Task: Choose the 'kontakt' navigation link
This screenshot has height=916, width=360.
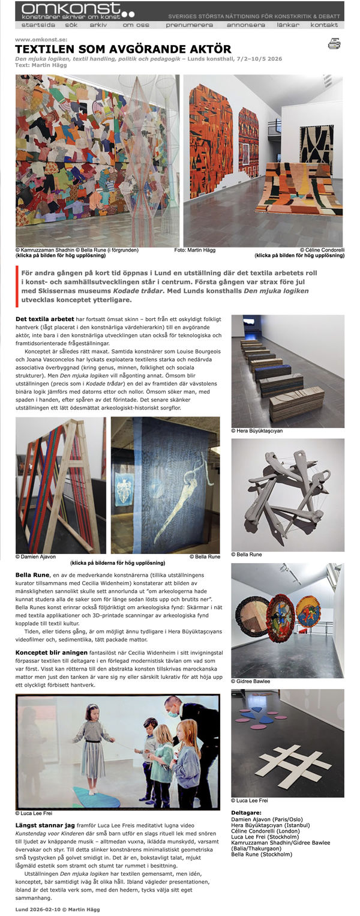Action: coord(324,25)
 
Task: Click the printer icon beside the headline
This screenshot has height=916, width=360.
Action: coord(334,43)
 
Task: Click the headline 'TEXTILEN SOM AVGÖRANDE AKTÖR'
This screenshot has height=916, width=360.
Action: coord(123,49)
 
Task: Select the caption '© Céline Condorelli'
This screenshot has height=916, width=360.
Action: coord(322,249)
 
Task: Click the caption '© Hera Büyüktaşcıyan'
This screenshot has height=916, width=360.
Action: coord(257,431)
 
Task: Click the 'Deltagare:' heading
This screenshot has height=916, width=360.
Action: coord(246,812)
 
